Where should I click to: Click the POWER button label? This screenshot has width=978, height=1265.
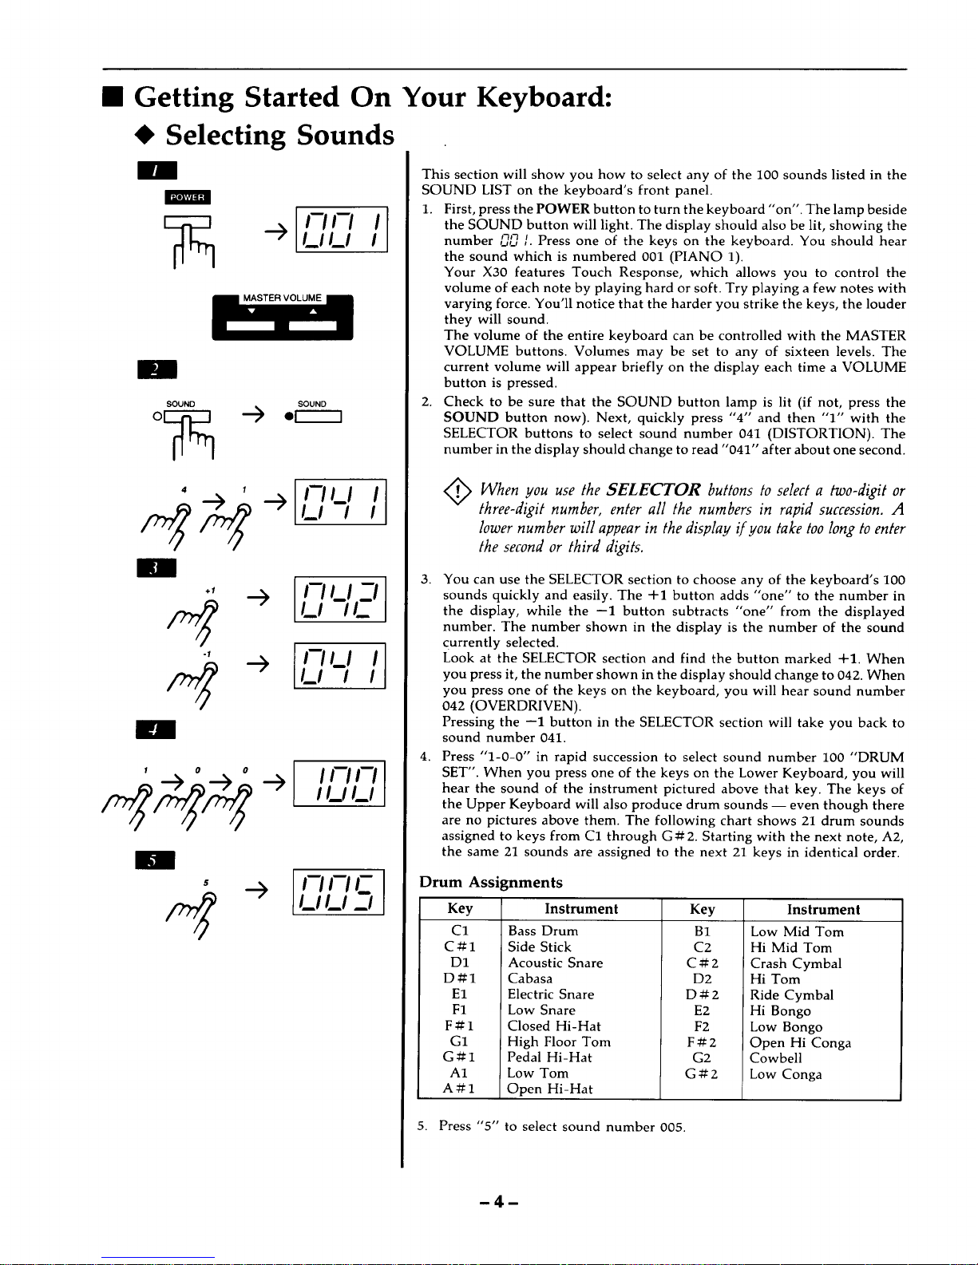pos(188,197)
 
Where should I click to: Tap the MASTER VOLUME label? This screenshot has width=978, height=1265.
pos(283,298)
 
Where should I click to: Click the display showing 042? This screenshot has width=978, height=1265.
pos(340,599)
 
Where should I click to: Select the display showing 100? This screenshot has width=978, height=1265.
pos(339,784)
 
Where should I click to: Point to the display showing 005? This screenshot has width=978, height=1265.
pos(339,891)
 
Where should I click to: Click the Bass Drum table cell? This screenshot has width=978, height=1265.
pos(543,931)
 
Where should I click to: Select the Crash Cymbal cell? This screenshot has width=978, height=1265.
pos(796,963)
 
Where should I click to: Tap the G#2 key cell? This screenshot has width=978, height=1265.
pos(702,1074)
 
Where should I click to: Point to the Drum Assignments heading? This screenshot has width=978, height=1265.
pos(491,882)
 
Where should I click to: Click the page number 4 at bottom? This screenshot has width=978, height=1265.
pos(499,1201)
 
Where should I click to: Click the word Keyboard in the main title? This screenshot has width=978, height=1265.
pos(544,97)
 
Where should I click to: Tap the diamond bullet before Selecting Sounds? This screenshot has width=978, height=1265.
pos(145,135)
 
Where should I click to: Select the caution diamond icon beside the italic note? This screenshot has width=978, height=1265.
pos(457,492)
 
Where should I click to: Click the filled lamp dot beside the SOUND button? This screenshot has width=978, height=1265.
pos(288,417)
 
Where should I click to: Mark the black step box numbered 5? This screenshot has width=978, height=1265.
pos(155,860)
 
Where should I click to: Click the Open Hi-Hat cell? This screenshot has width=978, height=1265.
pos(549,1089)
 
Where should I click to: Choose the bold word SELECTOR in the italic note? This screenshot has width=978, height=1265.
pos(653,489)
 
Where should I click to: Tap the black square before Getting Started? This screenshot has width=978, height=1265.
pos(113,97)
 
